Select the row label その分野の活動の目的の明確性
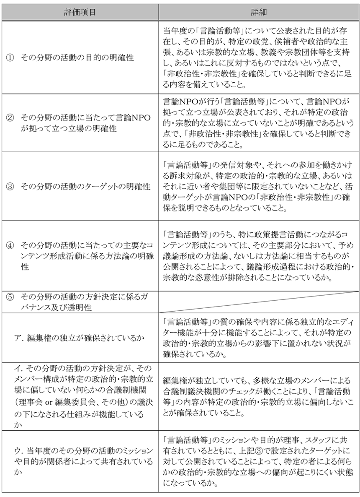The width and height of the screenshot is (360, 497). coord(77,57)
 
